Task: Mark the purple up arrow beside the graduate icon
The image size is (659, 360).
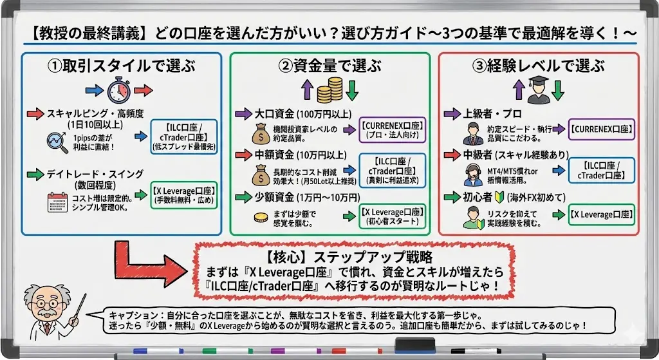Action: [518, 90]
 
